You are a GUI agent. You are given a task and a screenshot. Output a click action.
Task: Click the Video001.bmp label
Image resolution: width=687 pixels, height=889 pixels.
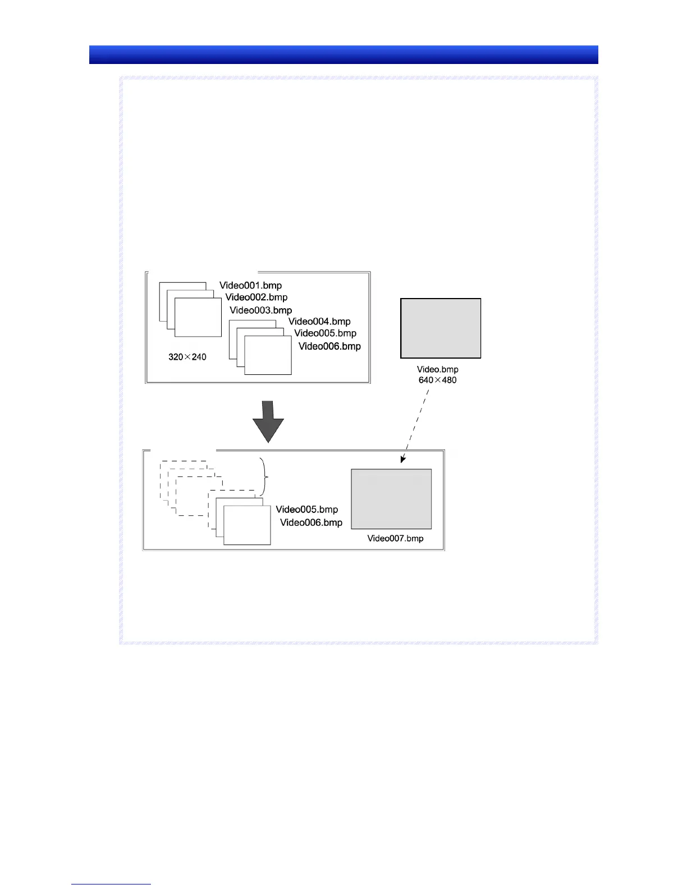(250, 286)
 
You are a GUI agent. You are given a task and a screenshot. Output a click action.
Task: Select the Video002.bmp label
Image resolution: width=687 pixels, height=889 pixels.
(257, 297)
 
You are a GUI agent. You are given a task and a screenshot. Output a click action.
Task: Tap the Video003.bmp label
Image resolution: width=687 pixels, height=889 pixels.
(261, 310)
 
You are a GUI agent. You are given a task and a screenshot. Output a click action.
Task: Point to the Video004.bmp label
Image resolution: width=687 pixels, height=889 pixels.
(319, 322)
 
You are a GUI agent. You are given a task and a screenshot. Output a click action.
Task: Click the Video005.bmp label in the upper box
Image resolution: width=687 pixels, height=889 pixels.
(326, 333)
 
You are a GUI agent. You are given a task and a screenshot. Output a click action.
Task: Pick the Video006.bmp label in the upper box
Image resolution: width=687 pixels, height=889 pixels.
(329, 346)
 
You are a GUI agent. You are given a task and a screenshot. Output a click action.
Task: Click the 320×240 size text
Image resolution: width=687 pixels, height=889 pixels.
(187, 357)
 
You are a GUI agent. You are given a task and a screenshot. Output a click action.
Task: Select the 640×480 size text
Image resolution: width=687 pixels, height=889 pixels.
(438, 381)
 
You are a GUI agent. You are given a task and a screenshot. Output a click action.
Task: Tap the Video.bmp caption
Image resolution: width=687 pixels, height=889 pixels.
(438, 369)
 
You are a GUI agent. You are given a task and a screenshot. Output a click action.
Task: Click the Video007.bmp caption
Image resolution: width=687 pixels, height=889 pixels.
(396, 538)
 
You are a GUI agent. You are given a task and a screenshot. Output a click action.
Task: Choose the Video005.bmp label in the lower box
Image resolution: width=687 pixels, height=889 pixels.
(307, 510)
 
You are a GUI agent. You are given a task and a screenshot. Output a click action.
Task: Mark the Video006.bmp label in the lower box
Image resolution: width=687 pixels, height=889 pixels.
(312, 523)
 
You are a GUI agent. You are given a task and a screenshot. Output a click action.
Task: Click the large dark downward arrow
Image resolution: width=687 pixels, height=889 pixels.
(268, 421)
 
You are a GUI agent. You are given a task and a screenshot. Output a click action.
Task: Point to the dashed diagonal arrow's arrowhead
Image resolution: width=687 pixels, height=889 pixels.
(402, 460)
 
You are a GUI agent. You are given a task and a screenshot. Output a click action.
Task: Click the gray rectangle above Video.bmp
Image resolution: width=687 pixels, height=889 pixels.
(441, 328)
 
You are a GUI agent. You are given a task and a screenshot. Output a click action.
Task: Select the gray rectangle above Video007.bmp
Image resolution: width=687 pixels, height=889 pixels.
(391, 499)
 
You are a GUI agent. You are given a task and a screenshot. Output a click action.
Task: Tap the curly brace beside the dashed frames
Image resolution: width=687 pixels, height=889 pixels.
(264, 476)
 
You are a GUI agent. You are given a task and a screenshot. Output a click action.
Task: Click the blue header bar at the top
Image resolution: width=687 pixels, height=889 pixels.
(343, 55)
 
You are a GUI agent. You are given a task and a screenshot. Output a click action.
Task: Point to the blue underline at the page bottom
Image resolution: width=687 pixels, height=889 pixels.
(111, 884)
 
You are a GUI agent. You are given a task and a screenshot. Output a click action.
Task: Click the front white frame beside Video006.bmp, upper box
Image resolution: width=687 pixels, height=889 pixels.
(268, 355)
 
